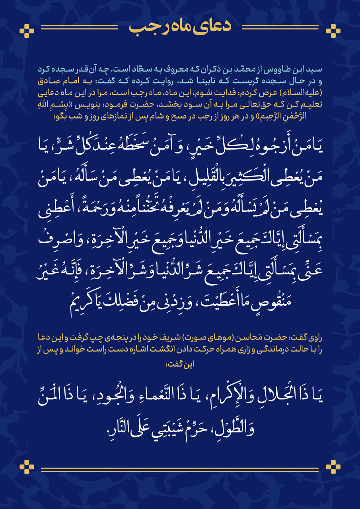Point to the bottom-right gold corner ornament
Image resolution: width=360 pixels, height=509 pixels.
tap(333, 466)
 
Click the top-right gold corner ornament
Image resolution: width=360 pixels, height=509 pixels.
tap(333, 29)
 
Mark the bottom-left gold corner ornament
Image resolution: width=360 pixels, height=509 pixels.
tap(27, 466)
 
